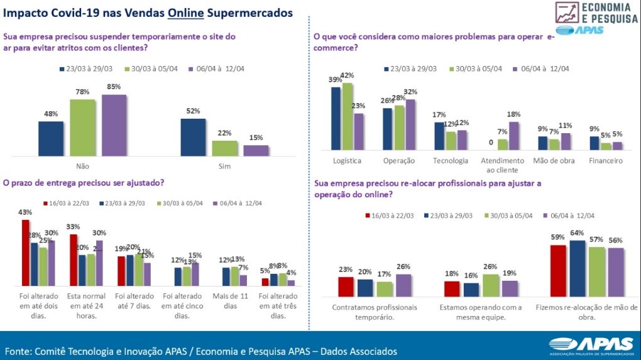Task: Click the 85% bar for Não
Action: [x=114, y=125]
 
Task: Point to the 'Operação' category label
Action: [x=399, y=161]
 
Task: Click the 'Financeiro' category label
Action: [x=605, y=161]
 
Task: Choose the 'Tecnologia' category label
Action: [x=451, y=161]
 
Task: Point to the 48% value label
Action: [x=51, y=114]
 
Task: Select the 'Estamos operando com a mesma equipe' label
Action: [x=481, y=312]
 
